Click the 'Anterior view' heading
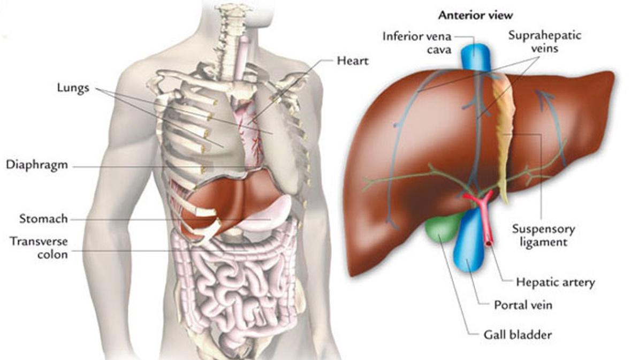coord(475,16)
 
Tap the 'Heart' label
coord(353,61)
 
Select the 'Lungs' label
coord(73,88)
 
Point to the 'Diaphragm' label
coord(36,165)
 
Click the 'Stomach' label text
coord(43,219)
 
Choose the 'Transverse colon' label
coord(39,248)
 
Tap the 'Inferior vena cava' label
coord(417,43)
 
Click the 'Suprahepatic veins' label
coord(544,41)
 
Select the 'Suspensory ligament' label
coord(543,235)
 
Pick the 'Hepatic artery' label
coord(556,282)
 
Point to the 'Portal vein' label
coord(523,304)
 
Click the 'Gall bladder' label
coord(518,334)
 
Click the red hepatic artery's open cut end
coord(489,242)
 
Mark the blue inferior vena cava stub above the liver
coord(474,52)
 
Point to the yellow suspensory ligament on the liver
coord(503,133)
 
